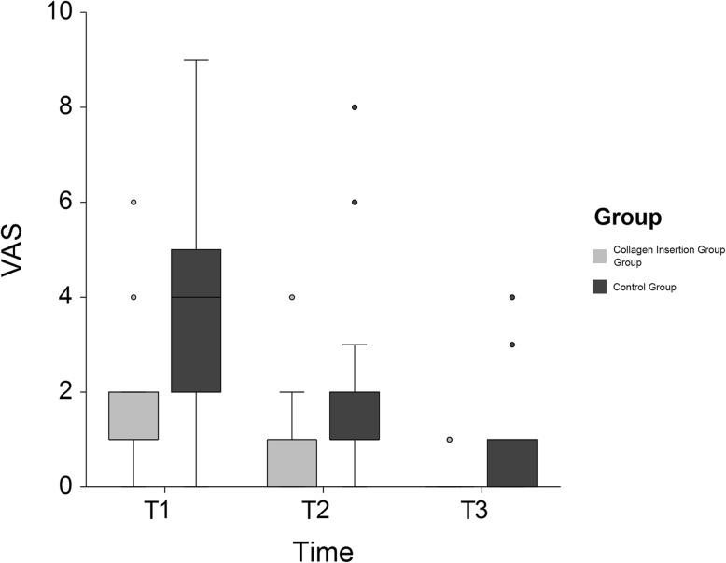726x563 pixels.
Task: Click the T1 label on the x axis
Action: (164, 513)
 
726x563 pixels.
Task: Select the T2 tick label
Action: (322, 513)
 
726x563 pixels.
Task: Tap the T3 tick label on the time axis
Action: (481, 513)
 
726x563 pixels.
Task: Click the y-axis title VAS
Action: (21, 250)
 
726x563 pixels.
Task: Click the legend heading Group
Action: (628, 218)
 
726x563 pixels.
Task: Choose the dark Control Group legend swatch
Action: (601, 287)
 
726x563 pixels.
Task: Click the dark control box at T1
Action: (196, 320)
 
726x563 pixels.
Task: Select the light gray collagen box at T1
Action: (133, 415)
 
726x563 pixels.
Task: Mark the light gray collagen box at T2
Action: (292, 462)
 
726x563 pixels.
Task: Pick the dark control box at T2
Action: (355, 415)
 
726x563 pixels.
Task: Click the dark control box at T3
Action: (512, 462)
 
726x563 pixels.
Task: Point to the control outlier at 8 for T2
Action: (355, 107)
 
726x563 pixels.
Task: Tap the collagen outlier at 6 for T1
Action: (133, 203)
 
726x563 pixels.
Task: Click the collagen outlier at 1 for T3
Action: (450, 439)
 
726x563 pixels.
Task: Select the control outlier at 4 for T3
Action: (512, 297)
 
